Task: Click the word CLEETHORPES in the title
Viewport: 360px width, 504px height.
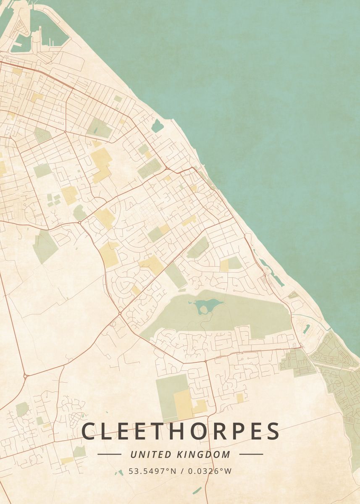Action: (180, 431)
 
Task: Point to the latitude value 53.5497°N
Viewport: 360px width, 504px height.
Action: (152, 471)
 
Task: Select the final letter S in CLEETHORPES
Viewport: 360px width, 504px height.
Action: (272, 431)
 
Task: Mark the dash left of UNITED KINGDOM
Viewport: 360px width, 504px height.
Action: (109, 454)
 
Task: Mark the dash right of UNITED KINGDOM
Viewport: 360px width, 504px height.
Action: (251, 454)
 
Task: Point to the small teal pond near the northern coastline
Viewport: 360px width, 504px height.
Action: (158, 125)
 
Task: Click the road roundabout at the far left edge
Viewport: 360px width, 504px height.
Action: (25, 376)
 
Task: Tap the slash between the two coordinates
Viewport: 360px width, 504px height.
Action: (181, 471)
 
